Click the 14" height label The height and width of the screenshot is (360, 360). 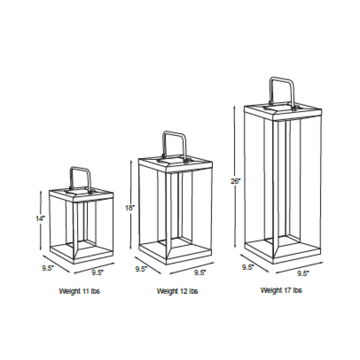40,219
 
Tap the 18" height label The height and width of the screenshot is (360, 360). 130,208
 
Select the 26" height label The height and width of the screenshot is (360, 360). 235,181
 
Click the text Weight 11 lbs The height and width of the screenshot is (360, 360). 80,291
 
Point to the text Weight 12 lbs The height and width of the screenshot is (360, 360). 177,291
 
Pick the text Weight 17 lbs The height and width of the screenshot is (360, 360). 281,290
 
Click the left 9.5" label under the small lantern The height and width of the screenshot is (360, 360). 48,268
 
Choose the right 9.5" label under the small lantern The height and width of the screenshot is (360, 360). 98,273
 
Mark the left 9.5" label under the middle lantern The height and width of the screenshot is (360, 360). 141,269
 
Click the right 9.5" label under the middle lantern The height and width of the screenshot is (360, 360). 200,273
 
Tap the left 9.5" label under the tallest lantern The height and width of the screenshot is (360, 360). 248,267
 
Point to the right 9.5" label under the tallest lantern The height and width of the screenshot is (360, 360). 303,274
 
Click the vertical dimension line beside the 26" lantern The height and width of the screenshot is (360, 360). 234,177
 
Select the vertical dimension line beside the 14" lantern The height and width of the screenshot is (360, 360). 41,220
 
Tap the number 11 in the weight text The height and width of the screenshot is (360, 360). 86,291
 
